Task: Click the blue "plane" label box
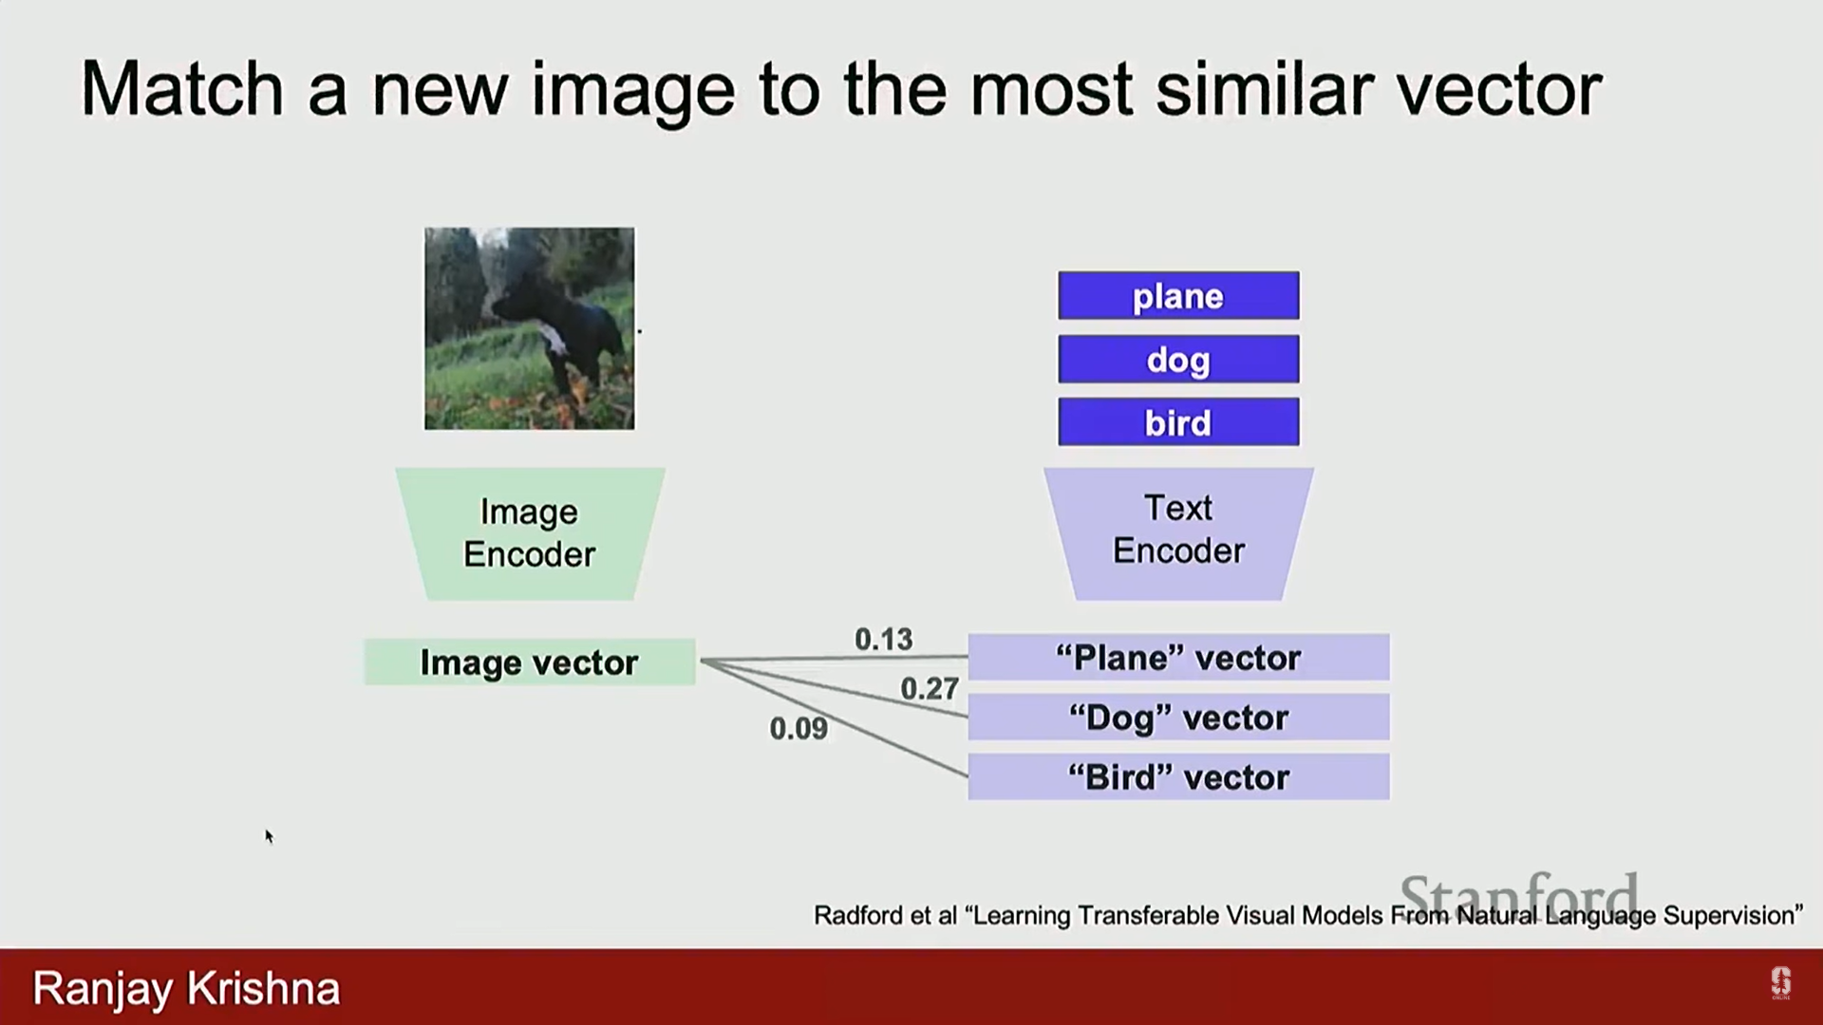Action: pos(1178,295)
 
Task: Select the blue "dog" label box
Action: pos(1178,359)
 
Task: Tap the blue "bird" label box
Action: pos(1178,421)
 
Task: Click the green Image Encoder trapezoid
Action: pos(530,533)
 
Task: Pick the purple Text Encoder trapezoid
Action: pos(1178,533)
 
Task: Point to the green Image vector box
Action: pos(530,662)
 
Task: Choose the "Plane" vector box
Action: pos(1178,657)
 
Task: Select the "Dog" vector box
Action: pos(1178,717)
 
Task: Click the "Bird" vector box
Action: pos(1178,776)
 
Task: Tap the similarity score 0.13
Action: pos(883,640)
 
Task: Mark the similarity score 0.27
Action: pos(930,688)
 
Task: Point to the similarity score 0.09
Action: pos(799,729)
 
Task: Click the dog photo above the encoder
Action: pos(530,328)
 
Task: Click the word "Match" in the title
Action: pos(182,89)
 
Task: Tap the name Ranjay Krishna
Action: pos(186,989)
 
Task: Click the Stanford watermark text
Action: pos(1519,895)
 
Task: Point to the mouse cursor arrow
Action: pos(269,836)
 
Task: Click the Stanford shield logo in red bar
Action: pos(1780,983)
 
